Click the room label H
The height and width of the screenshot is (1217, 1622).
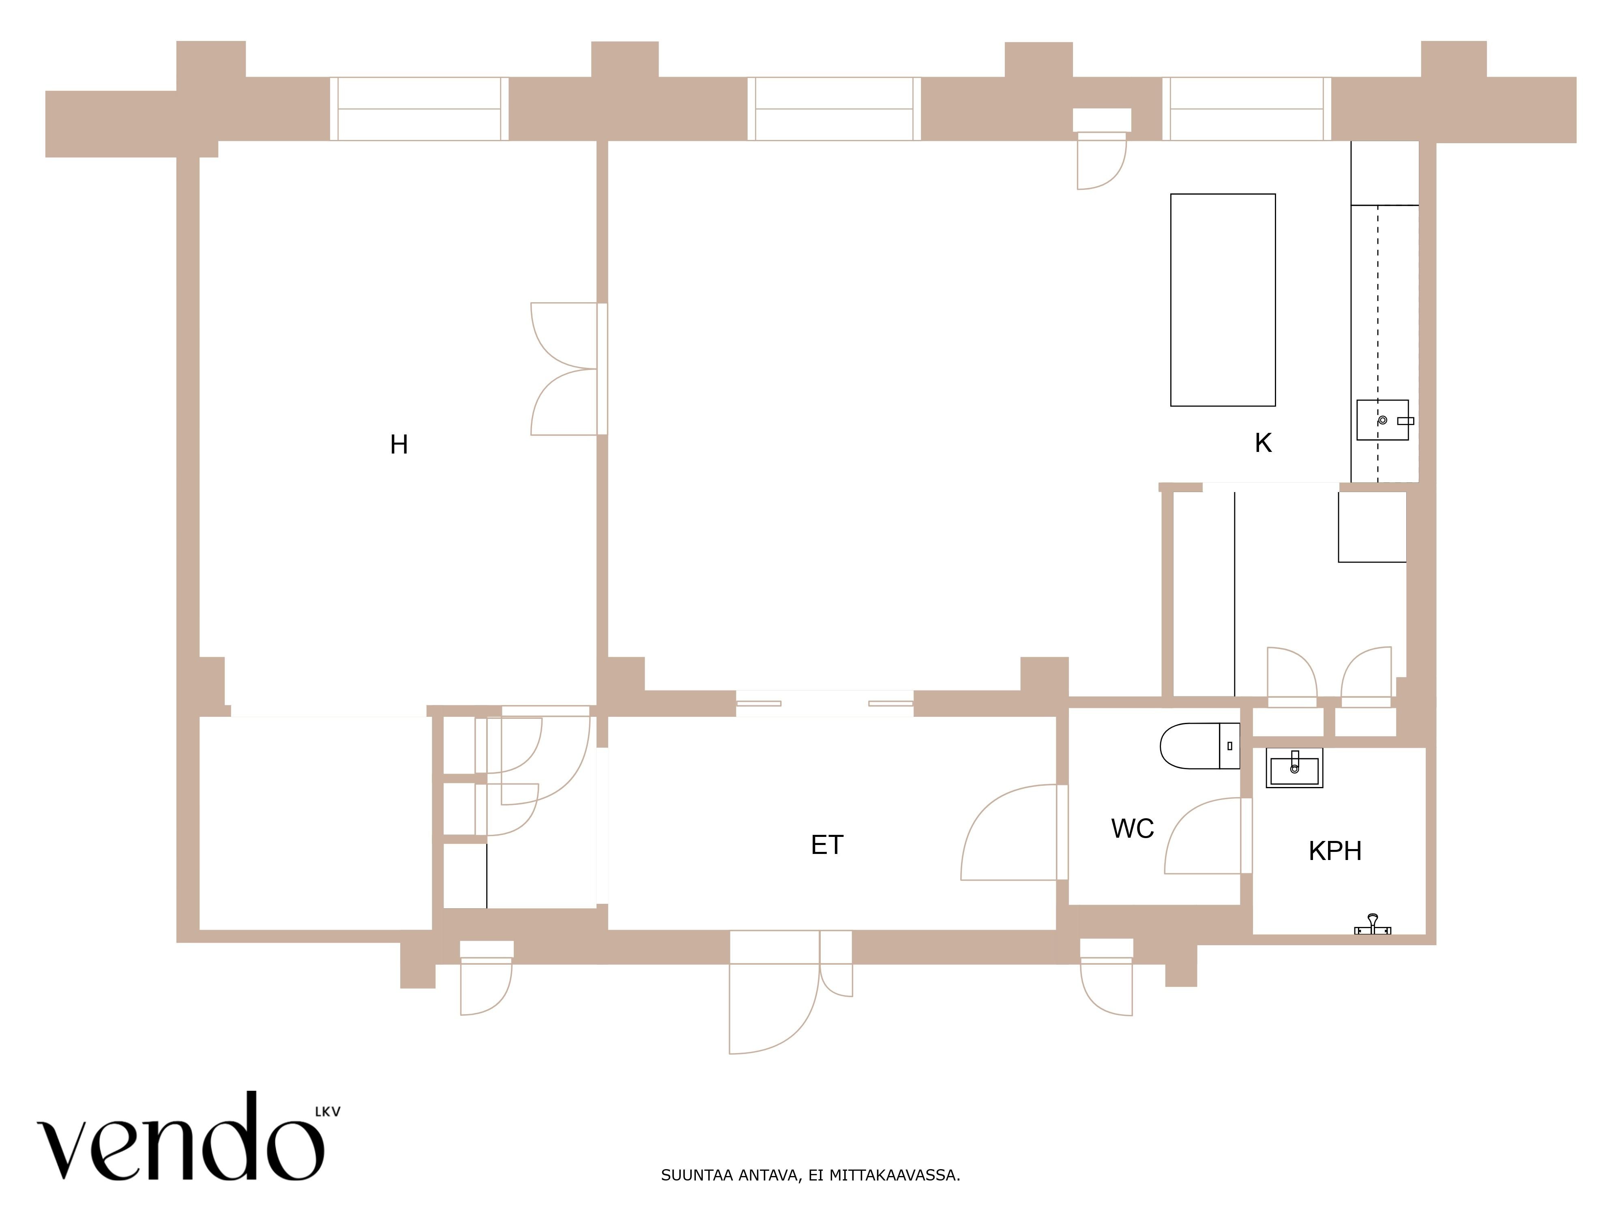coord(399,445)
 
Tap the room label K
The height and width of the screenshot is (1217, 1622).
coord(1263,443)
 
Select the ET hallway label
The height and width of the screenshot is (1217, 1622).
coord(827,845)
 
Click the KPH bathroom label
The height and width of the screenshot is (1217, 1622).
coord(1335,851)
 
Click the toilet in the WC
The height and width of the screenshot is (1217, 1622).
coord(1199,746)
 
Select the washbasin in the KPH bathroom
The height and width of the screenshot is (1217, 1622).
coord(1294,768)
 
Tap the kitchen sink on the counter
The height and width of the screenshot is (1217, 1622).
coord(1383,420)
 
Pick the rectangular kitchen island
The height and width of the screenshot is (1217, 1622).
coord(1223,300)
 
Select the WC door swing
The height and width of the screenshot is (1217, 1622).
coord(1208,836)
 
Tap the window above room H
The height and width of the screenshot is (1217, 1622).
coord(419,109)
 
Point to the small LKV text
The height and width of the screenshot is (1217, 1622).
coord(328,1112)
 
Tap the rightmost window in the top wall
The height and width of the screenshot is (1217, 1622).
coord(1247,109)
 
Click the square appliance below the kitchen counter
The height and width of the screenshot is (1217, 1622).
coord(1372,527)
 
